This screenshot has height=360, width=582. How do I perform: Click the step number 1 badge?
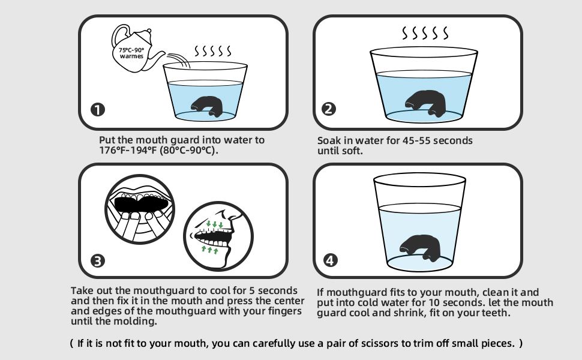pyautogui.click(x=98, y=109)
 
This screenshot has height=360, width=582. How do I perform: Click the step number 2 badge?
pyautogui.click(x=328, y=109)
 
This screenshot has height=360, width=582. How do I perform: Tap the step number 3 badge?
pyautogui.click(x=98, y=260)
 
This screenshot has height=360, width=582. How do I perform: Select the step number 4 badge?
pyautogui.click(x=331, y=260)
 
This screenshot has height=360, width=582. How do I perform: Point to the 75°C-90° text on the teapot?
pyautogui.click(x=131, y=50)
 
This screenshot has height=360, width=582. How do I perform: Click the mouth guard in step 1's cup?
pyautogui.click(x=207, y=107)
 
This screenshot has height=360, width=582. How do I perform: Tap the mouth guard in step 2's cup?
pyautogui.click(x=425, y=103)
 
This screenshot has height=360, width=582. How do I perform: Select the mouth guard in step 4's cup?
pyautogui.click(x=420, y=247)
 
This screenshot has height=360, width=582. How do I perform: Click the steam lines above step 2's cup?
pyautogui.click(x=425, y=33)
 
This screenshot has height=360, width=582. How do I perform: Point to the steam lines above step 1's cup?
pyautogui.click(x=212, y=51)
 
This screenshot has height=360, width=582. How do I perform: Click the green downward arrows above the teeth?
pyautogui.click(x=215, y=224)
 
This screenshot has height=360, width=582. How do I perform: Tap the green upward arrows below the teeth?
pyautogui.click(x=210, y=250)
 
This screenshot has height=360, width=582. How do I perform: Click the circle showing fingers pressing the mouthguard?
pyautogui.click(x=140, y=209)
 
